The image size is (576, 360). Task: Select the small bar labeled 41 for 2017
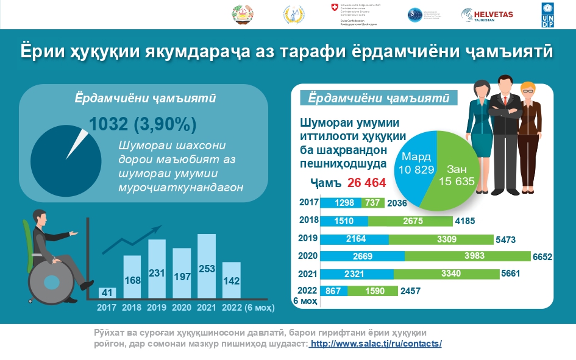(x=108, y=293)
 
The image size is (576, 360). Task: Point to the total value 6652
(x=541, y=258)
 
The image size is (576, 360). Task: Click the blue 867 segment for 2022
(x=333, y=291)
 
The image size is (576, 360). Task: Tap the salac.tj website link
(x=376, y=344)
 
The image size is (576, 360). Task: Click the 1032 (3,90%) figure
(x=142, y=124)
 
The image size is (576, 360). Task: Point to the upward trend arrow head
(x=158, y=229)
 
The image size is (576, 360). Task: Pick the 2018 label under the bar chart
(x=132, y=308)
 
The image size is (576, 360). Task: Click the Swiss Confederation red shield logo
(x=332, y=7)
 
